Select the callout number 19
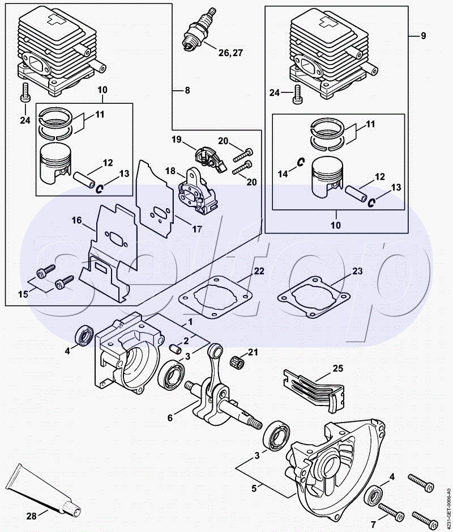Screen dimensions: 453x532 [x=177, y=139]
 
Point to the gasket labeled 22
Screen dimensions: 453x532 [x=216, y=298]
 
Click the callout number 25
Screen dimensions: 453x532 [x=338, y=368]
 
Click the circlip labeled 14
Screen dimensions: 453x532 [x=300, y=163]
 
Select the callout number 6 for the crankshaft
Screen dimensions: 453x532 [x=170, y=418]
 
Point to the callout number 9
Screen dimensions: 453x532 [x=423, y=36]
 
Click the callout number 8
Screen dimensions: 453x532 [x=187, y=90]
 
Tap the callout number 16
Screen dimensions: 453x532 [x=76, y=220]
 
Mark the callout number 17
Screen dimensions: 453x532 [x=197, y=229]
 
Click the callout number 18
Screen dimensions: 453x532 [x=170, y=171]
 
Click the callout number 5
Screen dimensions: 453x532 [x=254, y=488]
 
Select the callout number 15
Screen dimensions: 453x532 [x=23, y=294]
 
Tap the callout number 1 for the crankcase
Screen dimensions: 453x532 [x=190, y=322]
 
